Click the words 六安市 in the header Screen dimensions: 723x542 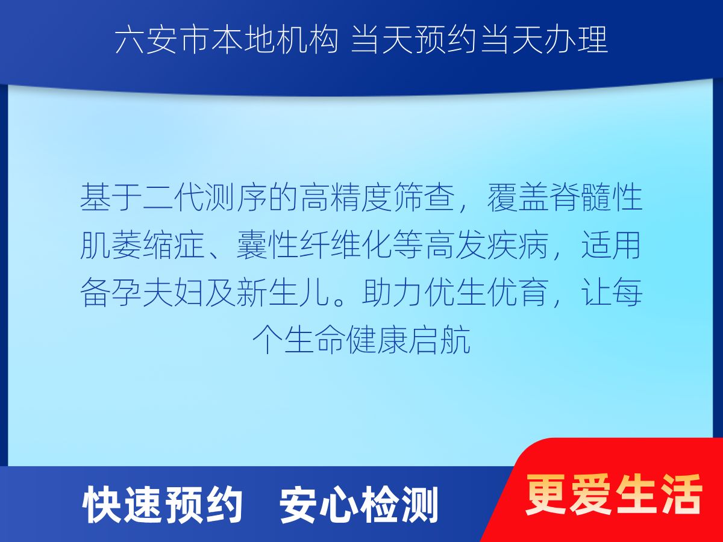(x=161, y=40)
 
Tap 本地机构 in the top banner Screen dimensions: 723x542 (x=274, y=40)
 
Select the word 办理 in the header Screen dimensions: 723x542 (x=576, y=40)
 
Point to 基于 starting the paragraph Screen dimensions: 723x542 (x=111, y=197)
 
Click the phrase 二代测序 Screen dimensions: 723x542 (x=205, y=197)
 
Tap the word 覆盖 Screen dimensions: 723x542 (x=518, y=197)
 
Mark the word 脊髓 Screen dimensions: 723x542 (x=580, y=197)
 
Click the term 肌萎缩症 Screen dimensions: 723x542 (x=142, y=245)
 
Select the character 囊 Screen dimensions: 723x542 (x=251, y=245)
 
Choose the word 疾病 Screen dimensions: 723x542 (x=518, y=245)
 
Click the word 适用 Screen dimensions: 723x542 (x=612, y=245)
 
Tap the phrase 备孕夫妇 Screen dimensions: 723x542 (x=142, y=292)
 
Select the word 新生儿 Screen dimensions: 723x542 (x=283, y=292)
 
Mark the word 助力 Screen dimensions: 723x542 (x=393, y=292)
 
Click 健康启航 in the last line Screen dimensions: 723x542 (x=408, y=340)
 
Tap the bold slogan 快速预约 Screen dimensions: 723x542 (x=163, y=506)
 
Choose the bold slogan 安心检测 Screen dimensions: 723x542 (x=358, y=506)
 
